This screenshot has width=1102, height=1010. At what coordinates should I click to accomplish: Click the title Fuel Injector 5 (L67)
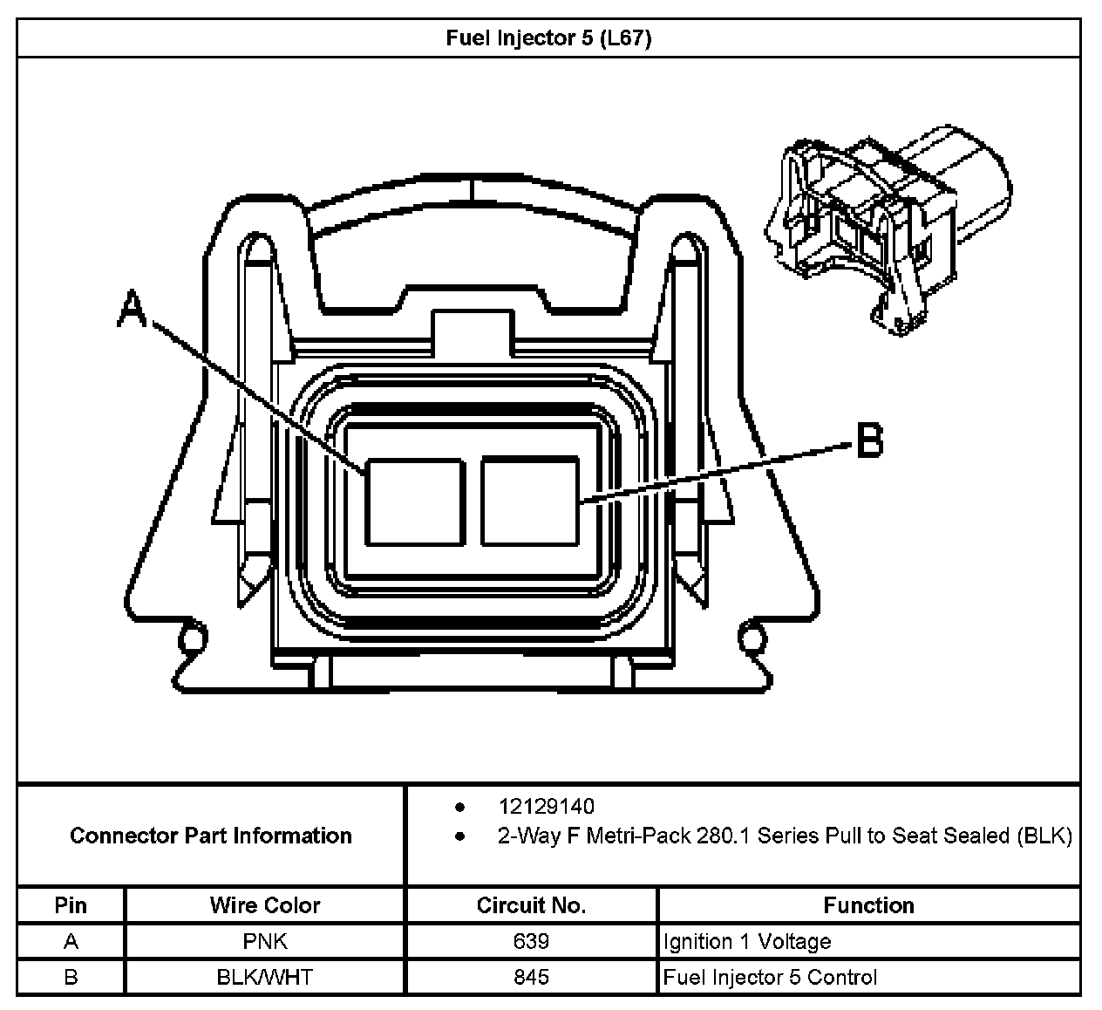(548, 38)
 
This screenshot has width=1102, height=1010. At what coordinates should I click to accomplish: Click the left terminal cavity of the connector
(413, 502)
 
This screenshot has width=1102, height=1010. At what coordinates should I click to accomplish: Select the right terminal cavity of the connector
(529, 502)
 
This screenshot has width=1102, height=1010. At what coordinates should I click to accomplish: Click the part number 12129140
(547, 807)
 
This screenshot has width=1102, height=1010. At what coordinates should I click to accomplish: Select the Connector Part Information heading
(211, 836)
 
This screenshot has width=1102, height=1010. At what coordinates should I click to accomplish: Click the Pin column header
(71, 905)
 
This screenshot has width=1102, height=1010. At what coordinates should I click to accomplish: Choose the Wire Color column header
(265, 905)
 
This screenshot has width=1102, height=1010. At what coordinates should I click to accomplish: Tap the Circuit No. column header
(531, 905)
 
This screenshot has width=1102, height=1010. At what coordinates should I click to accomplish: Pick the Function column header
(868, 905)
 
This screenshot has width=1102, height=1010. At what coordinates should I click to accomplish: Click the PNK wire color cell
(265, 942)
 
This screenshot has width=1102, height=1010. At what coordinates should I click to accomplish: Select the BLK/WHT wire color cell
(265, 977)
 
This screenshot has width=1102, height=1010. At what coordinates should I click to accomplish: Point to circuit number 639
(531, 942)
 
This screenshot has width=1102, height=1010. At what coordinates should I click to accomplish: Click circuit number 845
(531, 977)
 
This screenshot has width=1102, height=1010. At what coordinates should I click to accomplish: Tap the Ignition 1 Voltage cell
(747, 942)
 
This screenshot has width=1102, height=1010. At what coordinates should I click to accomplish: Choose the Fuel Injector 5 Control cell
(770, 977)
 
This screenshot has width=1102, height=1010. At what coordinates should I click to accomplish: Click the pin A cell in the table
(71, 942)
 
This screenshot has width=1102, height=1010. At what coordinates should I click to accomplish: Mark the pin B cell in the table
(71, 977)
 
